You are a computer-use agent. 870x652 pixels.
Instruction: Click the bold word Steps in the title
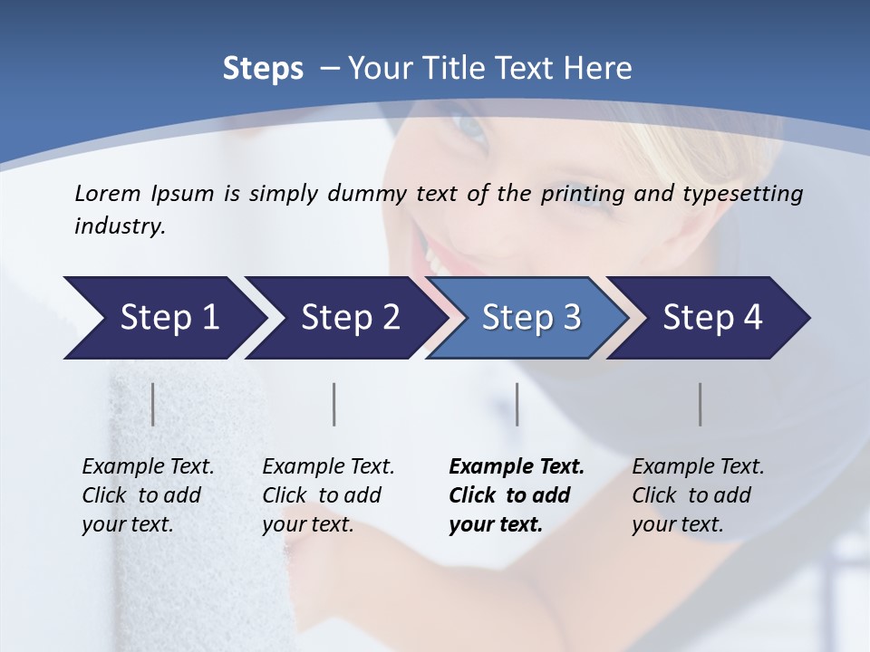263,69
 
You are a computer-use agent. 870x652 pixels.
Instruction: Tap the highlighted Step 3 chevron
530,318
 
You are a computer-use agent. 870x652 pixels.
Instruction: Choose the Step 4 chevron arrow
711,318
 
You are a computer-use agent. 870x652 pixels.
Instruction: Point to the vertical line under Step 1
153,404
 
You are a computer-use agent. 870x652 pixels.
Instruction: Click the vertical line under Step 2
334,404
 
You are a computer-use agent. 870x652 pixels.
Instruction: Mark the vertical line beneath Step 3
517,404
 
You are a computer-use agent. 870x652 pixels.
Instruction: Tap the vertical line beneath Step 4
701,404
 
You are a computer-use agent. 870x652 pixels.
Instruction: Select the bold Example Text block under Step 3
517,495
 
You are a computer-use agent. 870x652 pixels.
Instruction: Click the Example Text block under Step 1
148,495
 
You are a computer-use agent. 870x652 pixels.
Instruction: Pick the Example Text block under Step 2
328,495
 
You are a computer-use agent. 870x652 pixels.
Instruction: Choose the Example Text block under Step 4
698,495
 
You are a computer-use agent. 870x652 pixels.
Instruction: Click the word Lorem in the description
108,193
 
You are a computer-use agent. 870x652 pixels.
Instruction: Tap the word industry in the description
120,226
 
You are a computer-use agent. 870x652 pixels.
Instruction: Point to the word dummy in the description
369,194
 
